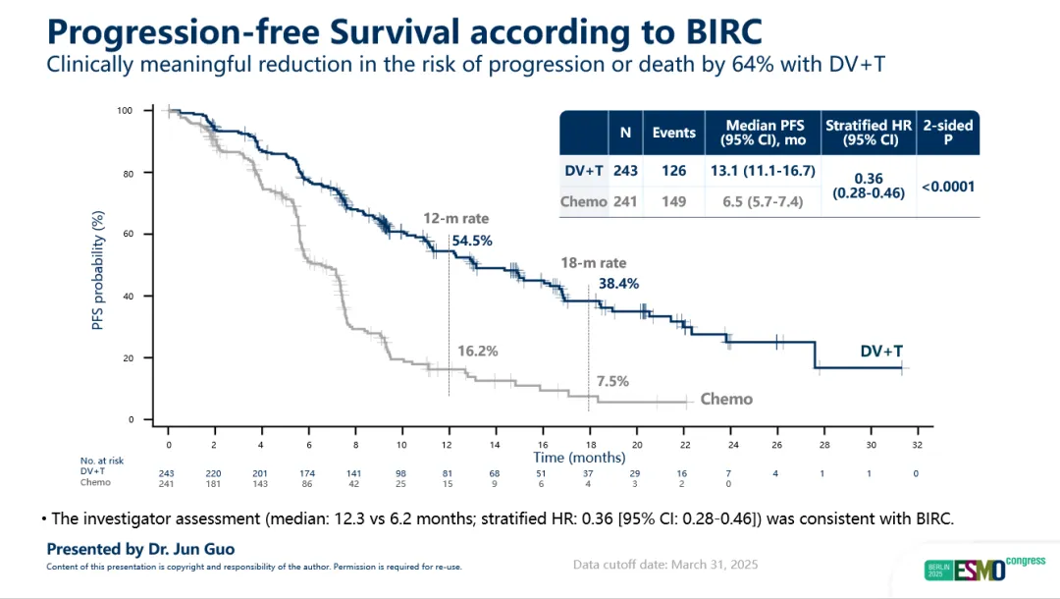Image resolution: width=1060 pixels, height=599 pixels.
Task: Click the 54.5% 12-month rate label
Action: click(x=472, y=240)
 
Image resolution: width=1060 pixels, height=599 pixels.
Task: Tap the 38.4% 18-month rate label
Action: click(x=618, y=284)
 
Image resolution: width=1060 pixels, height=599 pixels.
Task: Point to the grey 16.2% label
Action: click(x=478, y=351)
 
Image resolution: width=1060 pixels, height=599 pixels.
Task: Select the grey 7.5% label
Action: click(x=612, y=381)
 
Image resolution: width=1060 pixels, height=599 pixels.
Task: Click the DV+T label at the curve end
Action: click(x=882, y=351)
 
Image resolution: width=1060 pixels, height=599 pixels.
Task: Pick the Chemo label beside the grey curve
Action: click(x=726, y=399)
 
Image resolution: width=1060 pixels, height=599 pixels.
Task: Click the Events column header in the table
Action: click(x=673, y=133)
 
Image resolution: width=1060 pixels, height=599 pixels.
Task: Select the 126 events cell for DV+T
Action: click(x=673, y=171)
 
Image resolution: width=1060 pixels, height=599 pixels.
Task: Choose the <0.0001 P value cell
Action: click(x=947, y=186)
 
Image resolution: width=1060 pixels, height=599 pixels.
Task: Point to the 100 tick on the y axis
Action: click(x=125, y=110)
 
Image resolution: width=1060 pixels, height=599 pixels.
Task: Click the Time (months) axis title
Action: click(x=579, y=457)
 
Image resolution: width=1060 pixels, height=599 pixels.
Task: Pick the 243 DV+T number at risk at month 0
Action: click(x=167, y=472)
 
